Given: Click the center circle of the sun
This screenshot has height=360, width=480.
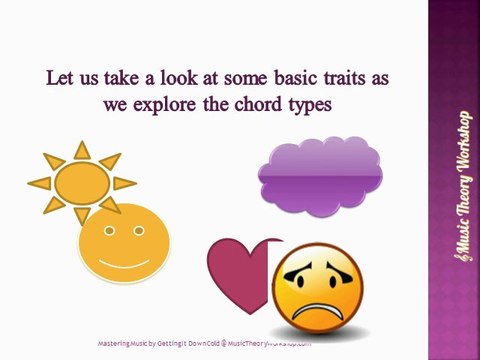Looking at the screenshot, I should click(83, 182).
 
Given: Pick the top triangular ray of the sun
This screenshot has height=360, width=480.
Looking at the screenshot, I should click(82, 149).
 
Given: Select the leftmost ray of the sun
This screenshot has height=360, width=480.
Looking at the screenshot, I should click(39, 183).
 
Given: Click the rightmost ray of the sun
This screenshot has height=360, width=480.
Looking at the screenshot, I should click(124, 183).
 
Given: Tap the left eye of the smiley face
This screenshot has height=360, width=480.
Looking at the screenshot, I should click(108, 232).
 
